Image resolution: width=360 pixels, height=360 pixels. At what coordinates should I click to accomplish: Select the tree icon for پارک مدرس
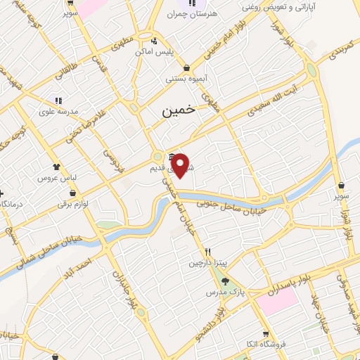(x=225, y=279)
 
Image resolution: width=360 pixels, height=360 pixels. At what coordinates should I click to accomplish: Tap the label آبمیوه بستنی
(x=186, y=79)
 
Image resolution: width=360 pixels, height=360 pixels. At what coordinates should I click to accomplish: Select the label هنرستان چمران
(x=191, y=13)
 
